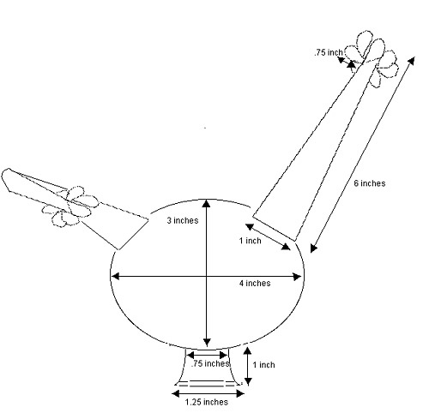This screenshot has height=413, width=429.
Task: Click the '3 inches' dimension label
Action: pos(183,220)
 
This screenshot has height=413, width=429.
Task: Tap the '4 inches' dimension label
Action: pos(255,284)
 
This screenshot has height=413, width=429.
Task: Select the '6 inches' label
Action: pos(370,183)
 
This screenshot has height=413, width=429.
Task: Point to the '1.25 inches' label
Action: pos(207,402)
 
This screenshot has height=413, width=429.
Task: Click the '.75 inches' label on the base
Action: pos(210,363)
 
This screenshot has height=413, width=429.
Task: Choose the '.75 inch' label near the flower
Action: pos(329,52)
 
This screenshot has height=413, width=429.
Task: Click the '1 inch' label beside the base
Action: pos(263,365)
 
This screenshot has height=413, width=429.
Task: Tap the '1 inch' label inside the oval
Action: pos(251,241)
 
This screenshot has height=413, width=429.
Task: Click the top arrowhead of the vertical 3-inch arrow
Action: pos(207,203)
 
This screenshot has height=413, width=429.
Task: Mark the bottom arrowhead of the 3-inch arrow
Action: pos(207,342)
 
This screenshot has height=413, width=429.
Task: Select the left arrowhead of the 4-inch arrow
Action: pos(115,276)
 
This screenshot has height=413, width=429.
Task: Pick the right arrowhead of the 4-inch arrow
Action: pos(298,277)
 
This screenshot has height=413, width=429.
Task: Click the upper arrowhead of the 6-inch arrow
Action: pos(411,61)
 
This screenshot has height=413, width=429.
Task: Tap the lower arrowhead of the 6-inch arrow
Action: pos(314,248)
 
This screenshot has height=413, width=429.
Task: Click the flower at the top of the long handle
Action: pos(372,57)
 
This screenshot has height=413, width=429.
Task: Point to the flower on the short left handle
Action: pos(71,206)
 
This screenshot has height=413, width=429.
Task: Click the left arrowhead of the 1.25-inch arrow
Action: pos(176,394)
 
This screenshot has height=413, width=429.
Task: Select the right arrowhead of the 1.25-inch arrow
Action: pos(240,394)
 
